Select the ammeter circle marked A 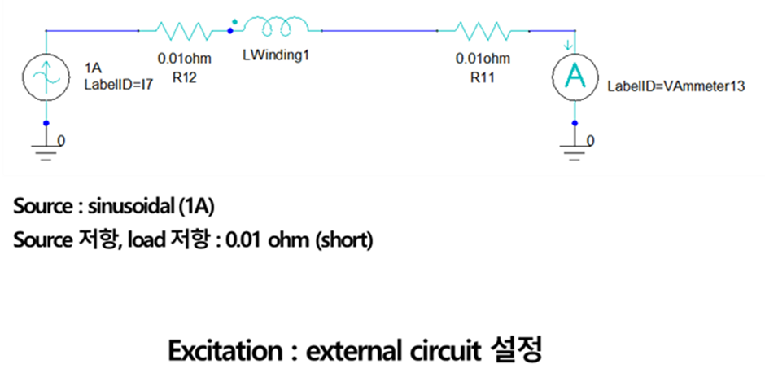pos(575,77)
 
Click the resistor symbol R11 pos(483,31)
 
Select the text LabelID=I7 pos(119,83)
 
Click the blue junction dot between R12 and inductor pos(229,31)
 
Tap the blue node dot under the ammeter pos(575,123)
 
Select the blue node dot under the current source pos(46,123)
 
